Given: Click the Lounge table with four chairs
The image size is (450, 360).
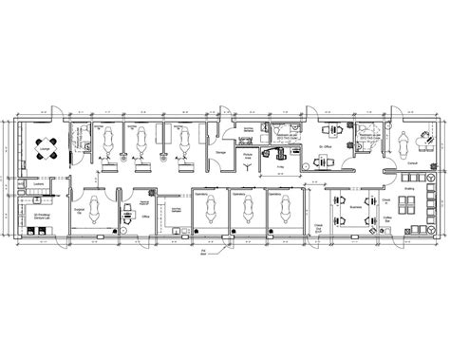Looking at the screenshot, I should point(44,144).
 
